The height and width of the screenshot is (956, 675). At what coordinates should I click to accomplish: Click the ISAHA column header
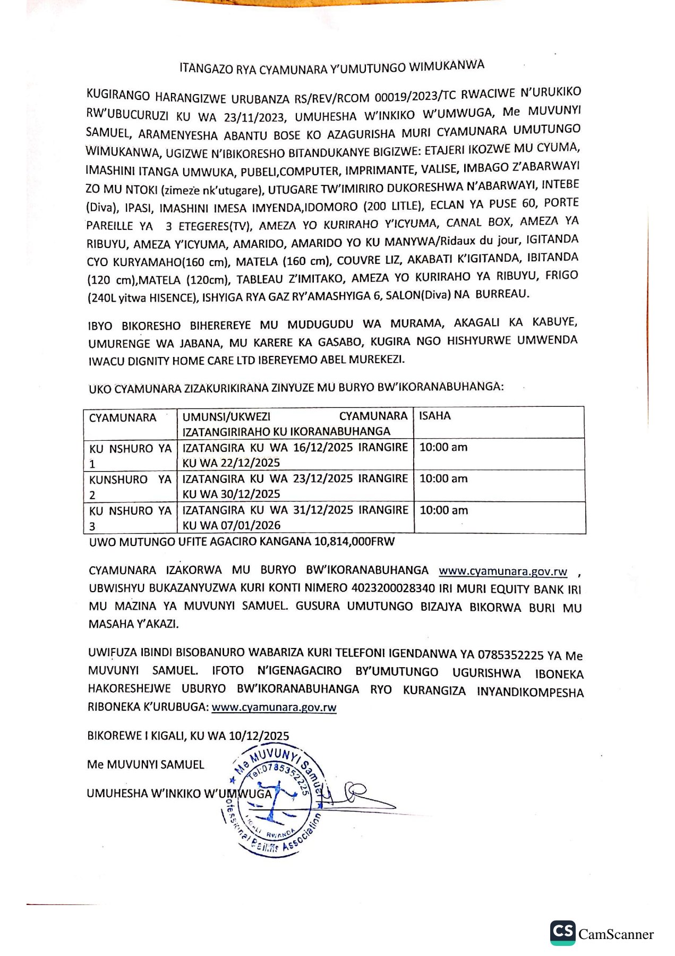click(434, 416)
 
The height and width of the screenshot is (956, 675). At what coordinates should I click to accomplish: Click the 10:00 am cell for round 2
click(443, 479)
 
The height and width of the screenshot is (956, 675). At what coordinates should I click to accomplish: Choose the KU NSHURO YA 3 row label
click(130, 518)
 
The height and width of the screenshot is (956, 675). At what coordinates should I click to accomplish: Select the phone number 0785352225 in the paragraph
click(510, 655)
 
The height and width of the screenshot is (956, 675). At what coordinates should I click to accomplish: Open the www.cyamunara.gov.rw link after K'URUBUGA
click(274, 707)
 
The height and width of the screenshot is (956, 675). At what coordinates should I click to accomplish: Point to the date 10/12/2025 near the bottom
click(259, 736)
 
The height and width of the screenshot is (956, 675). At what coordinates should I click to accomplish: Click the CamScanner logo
click(602, 933)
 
